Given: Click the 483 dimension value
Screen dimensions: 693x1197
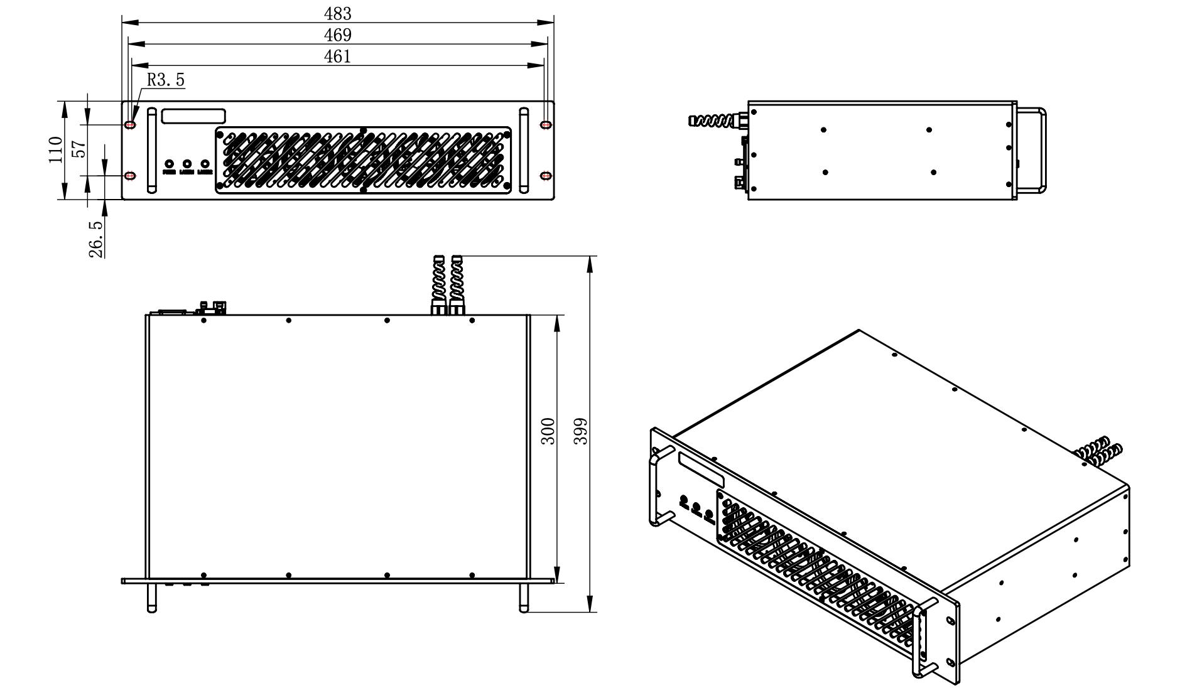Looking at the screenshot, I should (x=337, y=13).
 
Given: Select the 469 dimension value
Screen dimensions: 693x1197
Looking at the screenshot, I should (x=337, y=35).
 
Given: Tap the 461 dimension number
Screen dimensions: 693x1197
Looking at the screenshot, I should (x=337, y=56).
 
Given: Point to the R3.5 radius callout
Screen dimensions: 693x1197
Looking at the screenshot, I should (x=166, y=80).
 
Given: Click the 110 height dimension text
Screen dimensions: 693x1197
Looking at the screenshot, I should (x=55, y=149).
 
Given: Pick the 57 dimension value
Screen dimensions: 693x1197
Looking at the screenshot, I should (x=79, y=149).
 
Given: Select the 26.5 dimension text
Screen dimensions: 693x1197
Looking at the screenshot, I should (x=96, y=239).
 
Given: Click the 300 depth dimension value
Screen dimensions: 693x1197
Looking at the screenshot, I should (x=548, y=431).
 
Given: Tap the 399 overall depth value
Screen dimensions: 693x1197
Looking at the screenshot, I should (x=581, y=431).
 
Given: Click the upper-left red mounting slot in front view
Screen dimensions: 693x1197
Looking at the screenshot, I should (x=130, y=125).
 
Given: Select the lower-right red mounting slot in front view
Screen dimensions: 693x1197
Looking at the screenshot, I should (x=546, y=175).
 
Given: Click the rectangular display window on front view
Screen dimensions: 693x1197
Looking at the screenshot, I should (x=193, y=116).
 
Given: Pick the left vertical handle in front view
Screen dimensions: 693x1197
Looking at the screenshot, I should (x=151, y=150).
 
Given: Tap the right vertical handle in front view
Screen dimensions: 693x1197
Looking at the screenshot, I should (x=524, y=150).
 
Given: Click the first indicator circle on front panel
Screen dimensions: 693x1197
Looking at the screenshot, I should (x=169, y=164).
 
